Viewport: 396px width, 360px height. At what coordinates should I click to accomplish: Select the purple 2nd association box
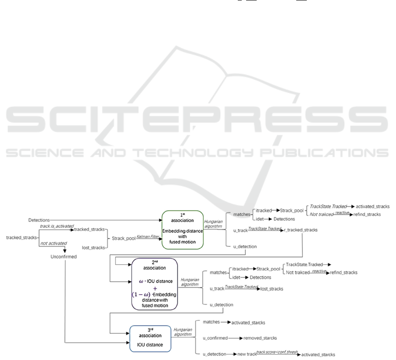point(154,284)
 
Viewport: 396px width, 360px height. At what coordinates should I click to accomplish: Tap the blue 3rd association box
point(151,337)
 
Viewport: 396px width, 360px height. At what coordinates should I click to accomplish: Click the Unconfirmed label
point(64,257)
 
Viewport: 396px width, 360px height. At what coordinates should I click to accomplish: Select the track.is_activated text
point(56,226)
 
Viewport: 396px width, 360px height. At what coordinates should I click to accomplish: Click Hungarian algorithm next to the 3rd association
point(182,331)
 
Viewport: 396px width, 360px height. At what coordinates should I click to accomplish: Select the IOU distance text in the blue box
point(151,345)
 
